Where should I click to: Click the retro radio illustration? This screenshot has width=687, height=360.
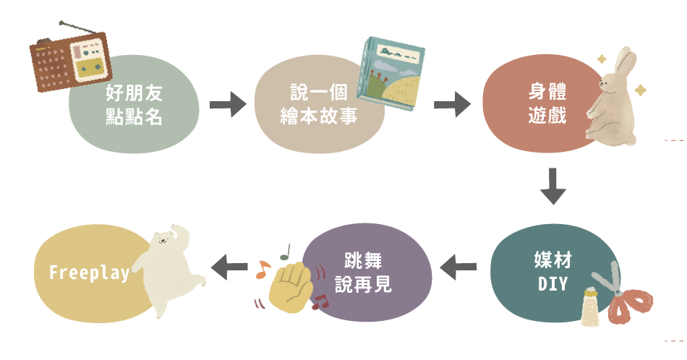[x=69, y=59]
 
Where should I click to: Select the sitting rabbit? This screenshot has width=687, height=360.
[x=613, y=98]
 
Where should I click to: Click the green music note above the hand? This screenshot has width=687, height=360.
[x=285, y=252]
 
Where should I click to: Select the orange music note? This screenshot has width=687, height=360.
[x=262, y=270]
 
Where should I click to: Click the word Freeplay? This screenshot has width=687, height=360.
[x=90, y=273]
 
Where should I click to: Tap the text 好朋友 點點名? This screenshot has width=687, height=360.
[x=134, y=105]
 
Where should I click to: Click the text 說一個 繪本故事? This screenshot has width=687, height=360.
[x=318, y=104]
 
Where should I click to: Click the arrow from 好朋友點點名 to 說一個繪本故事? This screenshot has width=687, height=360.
[x=227, y=106]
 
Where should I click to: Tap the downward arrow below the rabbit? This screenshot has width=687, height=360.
[x=552, y=187]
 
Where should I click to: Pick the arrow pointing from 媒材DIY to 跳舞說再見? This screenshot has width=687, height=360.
[x=458, y=267]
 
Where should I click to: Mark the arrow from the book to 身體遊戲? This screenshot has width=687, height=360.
[x=452, y=104]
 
